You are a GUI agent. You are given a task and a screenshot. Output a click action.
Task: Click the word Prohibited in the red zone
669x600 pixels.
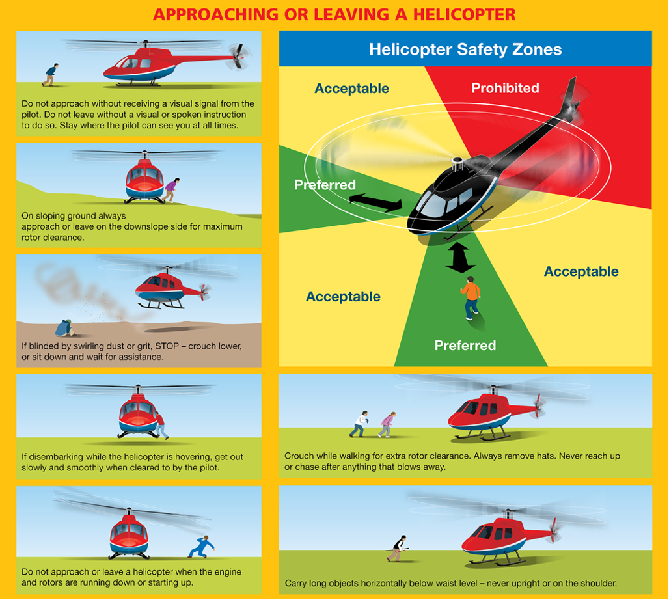click(505, 88)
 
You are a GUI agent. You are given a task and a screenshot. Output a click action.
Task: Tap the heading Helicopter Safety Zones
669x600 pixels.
click(465, 49)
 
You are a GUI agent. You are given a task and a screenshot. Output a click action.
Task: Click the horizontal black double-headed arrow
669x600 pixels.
click(376, 202)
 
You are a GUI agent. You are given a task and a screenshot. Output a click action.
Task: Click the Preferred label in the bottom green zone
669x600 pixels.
click(465, 345)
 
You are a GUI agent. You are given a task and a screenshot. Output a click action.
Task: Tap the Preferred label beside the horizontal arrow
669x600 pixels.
click(325, 185)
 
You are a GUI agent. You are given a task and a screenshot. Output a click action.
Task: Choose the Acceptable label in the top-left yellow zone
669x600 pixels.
click(351, 89)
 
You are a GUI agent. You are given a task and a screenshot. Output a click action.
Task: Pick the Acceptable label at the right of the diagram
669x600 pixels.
click(581, 271)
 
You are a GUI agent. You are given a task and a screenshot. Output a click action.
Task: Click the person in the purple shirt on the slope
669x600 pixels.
click(171, 190)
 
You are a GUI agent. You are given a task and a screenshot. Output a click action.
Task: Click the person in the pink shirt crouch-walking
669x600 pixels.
click(387, 424)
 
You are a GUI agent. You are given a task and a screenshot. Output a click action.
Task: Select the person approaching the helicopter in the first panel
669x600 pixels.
click(50, 75)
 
